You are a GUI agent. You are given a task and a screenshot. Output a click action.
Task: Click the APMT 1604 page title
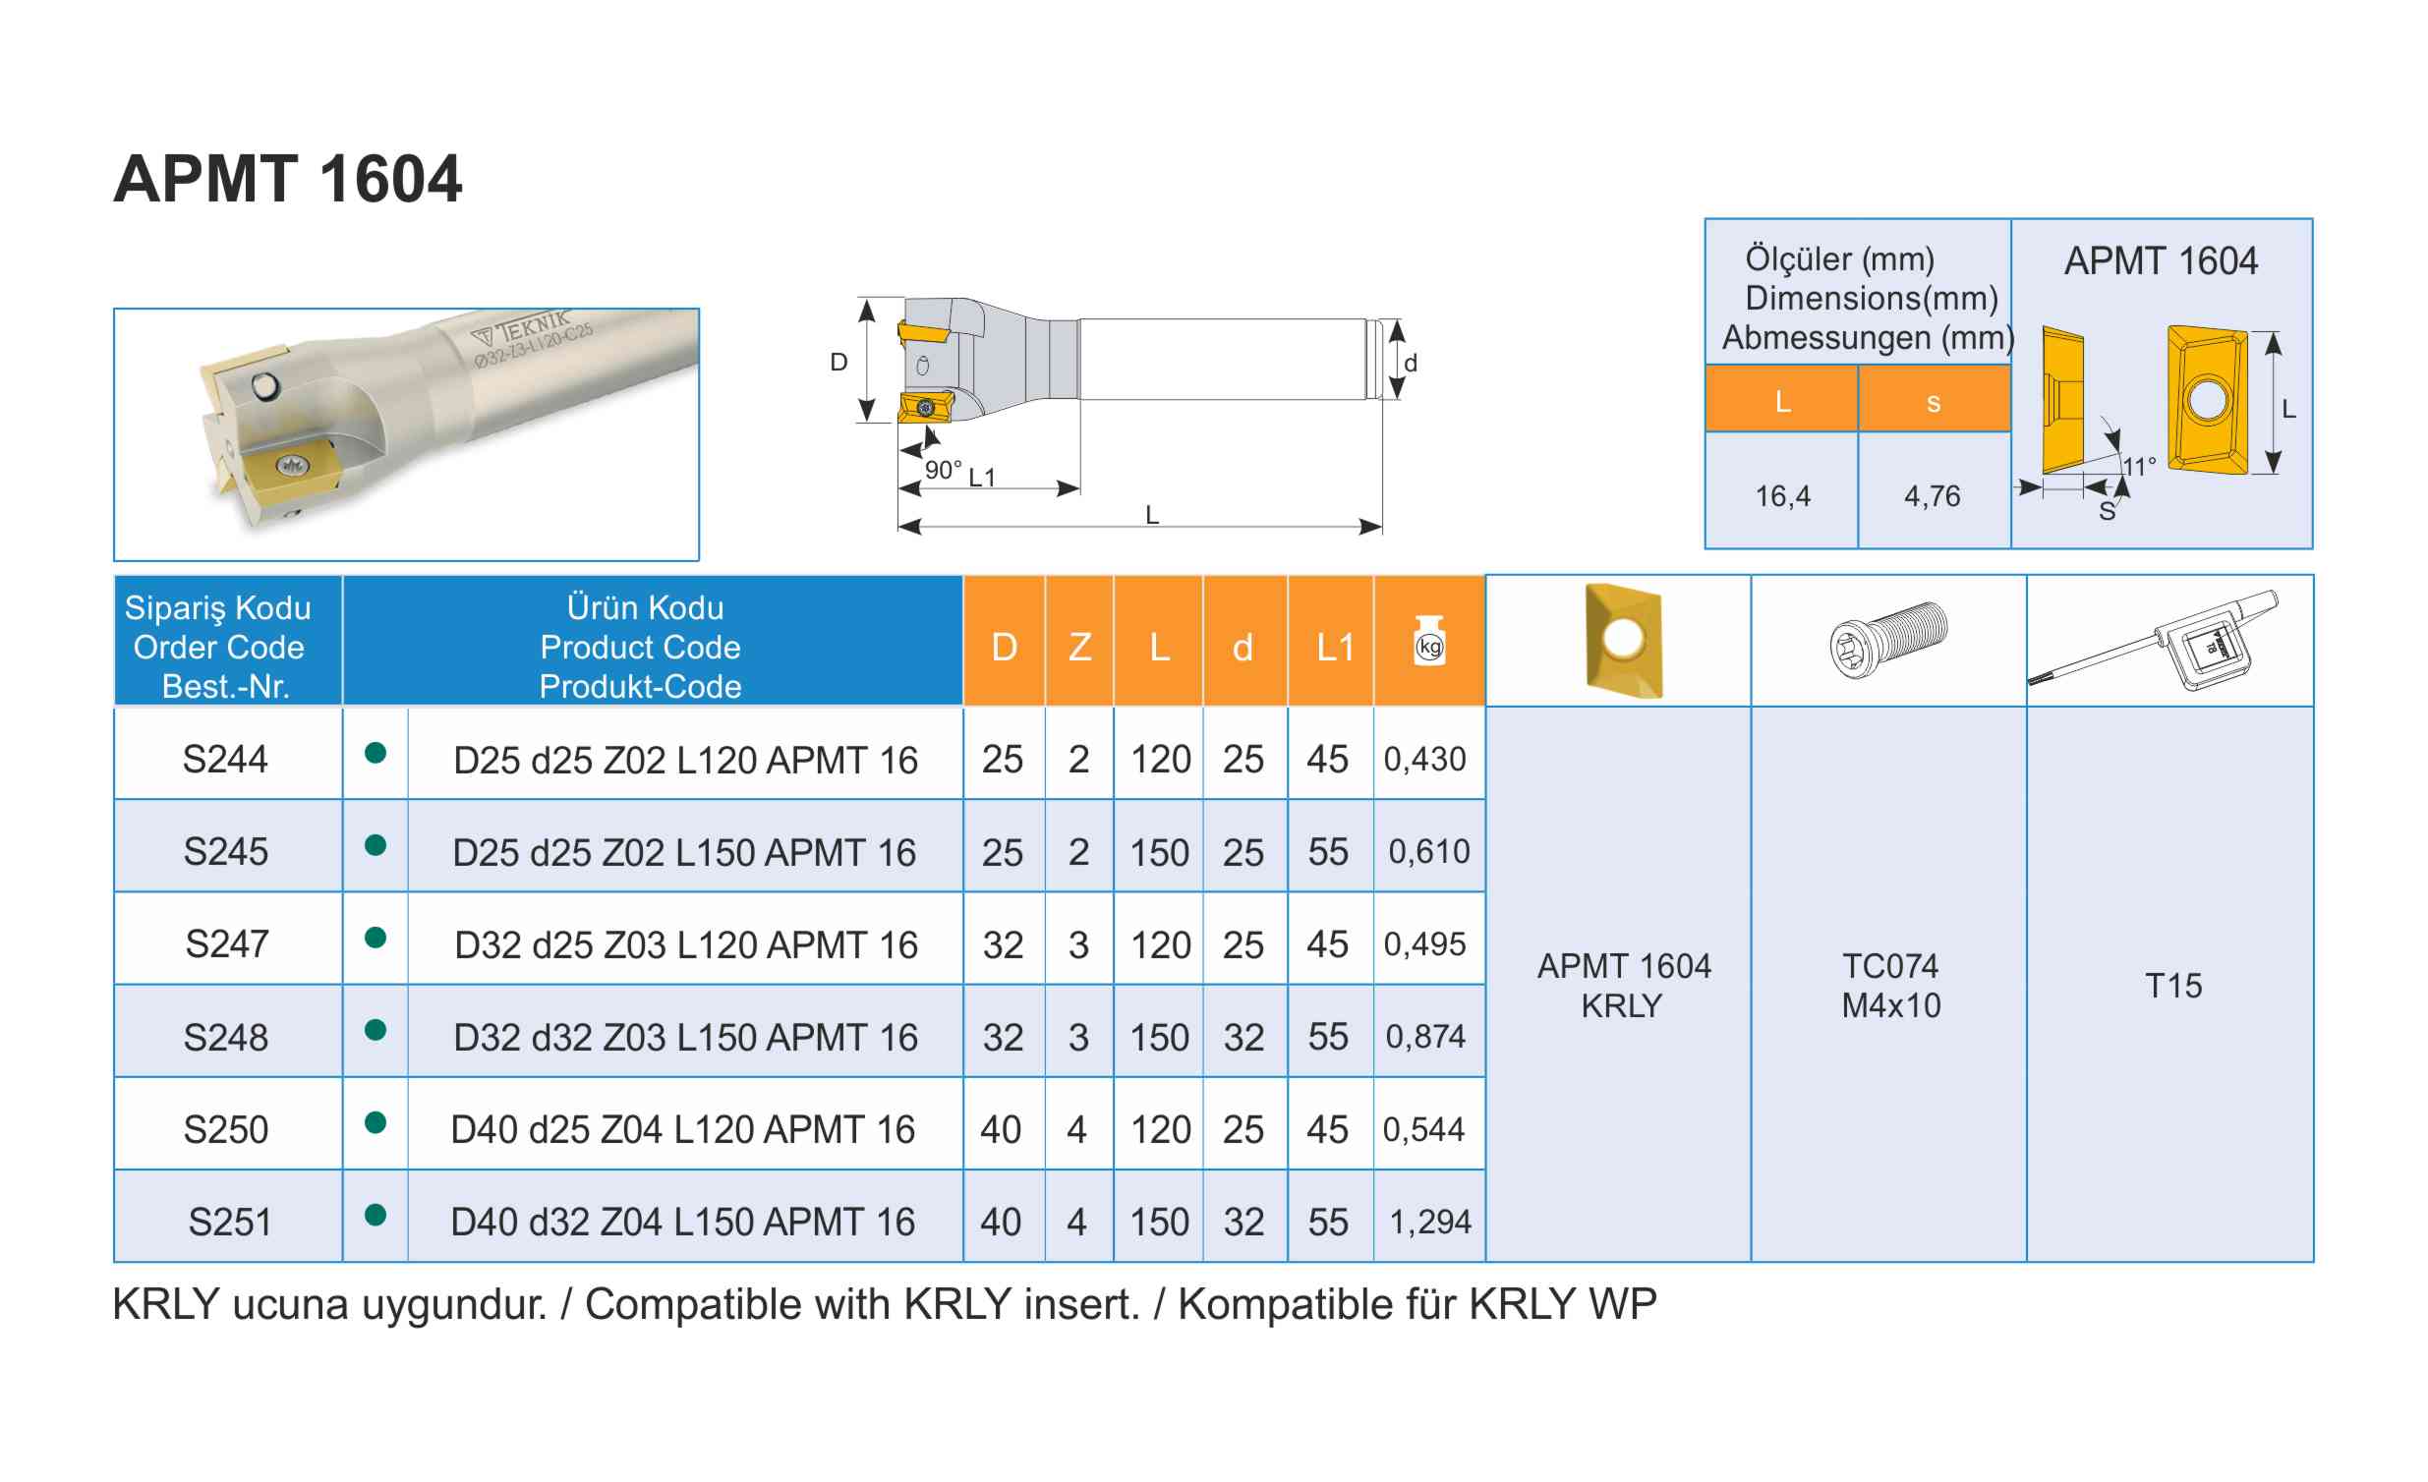pos(287,179)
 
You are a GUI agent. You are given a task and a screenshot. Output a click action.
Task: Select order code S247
pos(227,944)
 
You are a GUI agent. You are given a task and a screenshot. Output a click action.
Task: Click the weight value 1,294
pos(1430,1222)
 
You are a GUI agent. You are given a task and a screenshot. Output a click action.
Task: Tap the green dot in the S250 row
pos(376,1122)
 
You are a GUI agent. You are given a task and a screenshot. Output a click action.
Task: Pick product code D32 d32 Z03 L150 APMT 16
pos(685,1038)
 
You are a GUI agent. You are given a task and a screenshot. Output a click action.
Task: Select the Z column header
pos(1079,648)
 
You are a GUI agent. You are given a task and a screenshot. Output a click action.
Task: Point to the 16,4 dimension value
pos(1781,495)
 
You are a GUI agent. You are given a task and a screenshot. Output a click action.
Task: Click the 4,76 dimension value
pos(1932,495)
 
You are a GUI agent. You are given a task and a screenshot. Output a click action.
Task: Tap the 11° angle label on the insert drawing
pos(2138,466)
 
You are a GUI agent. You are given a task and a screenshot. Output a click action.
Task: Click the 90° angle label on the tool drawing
pos(943,470)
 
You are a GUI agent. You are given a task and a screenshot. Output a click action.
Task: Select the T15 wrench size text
pos(2172,986)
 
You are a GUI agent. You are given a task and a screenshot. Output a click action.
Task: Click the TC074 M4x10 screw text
pos(1890,986)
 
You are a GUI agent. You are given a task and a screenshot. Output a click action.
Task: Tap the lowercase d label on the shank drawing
pos(1410,363)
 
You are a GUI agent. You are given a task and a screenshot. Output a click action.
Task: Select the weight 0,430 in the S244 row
pos(1424,759)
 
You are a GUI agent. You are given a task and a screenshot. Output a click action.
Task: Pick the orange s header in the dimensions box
pos(1934,402)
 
